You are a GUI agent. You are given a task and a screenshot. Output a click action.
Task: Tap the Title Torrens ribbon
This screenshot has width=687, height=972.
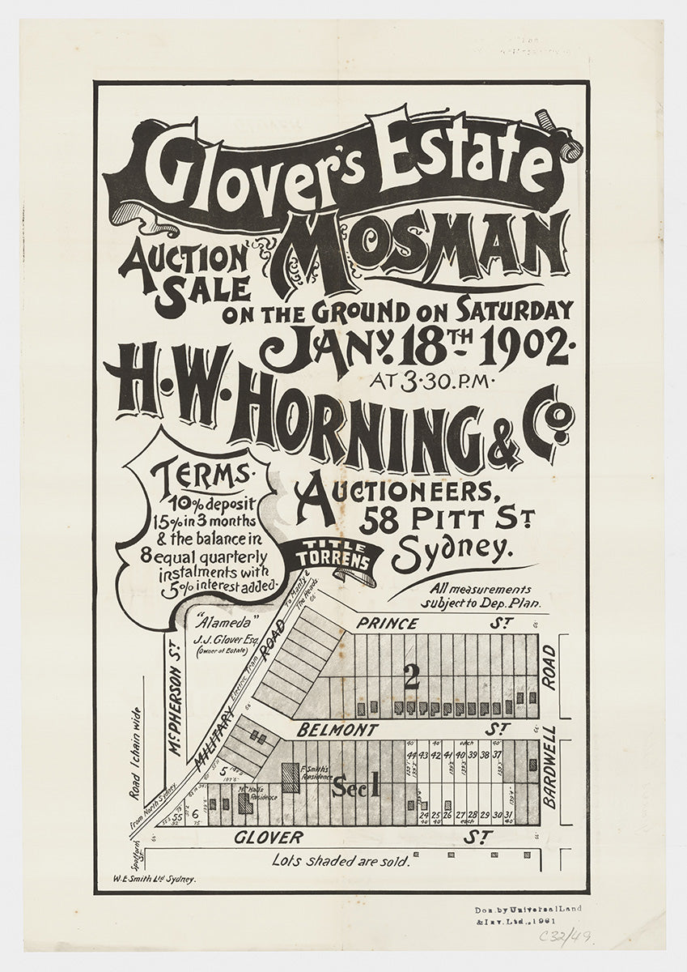[x=337, y=555]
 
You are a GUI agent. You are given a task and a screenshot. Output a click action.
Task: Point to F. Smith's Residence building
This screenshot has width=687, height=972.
[x=290, y=775]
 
